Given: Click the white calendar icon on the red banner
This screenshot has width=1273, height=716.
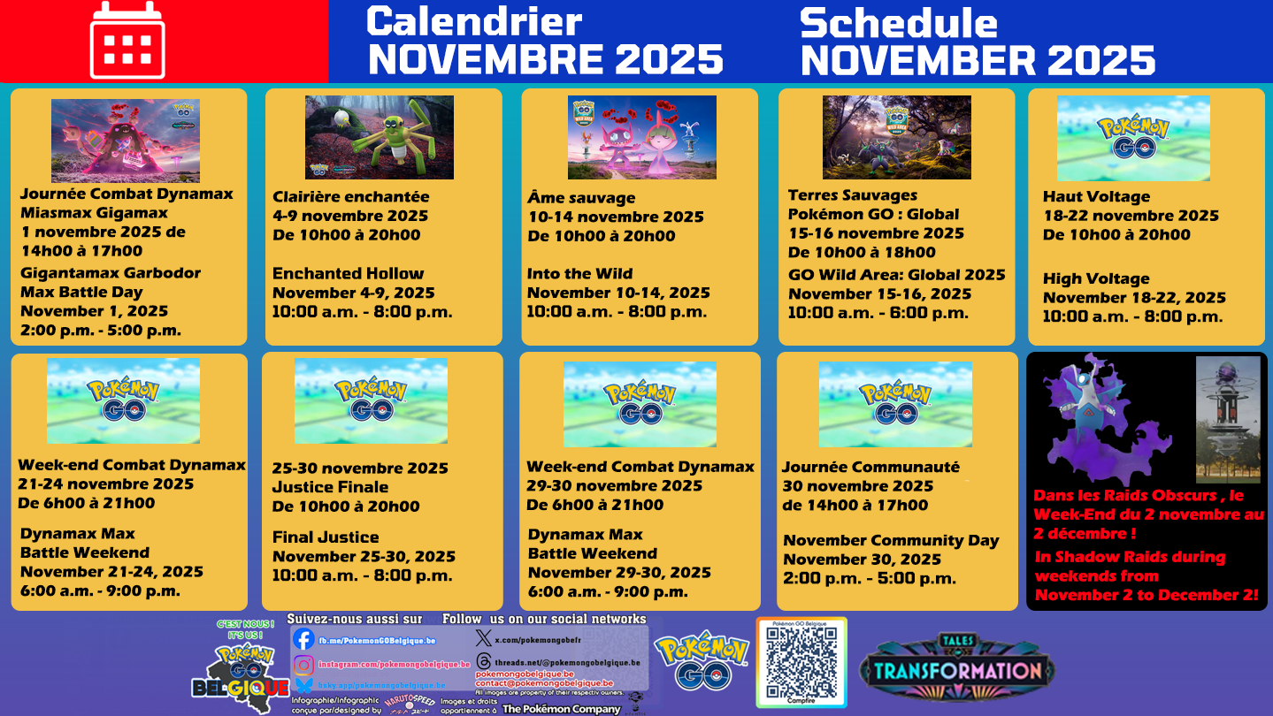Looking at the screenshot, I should pos(127,40).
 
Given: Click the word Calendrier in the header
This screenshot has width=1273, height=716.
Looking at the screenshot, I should pos(474,21).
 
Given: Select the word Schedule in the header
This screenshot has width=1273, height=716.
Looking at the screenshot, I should pos(899,23).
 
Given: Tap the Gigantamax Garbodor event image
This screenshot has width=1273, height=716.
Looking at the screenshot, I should pos(125,141).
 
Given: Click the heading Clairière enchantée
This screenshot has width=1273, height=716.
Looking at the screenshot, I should pos(350,196).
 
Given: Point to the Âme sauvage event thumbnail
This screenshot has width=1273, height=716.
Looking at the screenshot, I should pos(641,137).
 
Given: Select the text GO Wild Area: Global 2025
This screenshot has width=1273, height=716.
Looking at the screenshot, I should pos(896,275).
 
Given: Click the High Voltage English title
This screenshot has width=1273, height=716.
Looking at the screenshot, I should pos(1096,278).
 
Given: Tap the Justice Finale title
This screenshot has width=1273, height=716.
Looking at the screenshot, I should pos(330,487).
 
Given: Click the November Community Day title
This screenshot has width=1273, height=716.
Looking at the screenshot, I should pos(891,540).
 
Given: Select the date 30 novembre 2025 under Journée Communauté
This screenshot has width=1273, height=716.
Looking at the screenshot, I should pos(857,486).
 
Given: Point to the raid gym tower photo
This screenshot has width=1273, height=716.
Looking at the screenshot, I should pos(1228,419).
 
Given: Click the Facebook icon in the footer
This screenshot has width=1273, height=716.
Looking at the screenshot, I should pos(303,639).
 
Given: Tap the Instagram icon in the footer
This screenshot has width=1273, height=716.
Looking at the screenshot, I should pos(303,664).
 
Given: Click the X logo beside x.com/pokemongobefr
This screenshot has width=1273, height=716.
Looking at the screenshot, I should pos(483,637).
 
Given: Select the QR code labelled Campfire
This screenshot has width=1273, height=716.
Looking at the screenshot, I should pos(801,661).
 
